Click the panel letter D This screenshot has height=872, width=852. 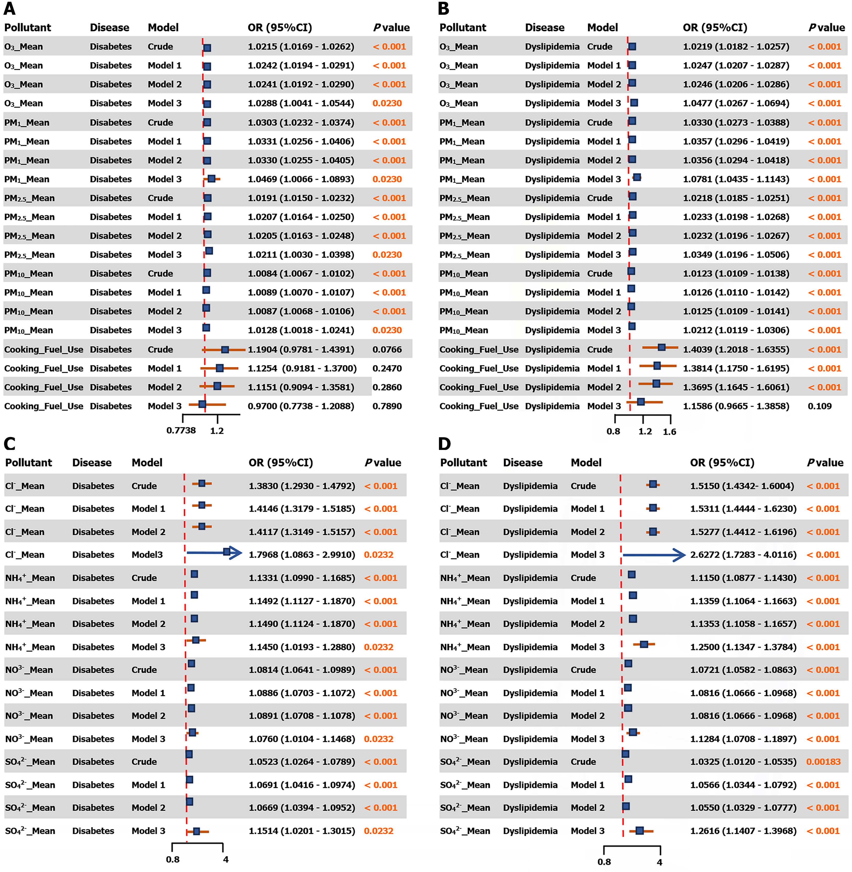444,444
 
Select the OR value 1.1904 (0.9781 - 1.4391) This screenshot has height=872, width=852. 301,350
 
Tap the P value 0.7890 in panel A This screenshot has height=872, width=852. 387,406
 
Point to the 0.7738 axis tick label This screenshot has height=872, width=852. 181,431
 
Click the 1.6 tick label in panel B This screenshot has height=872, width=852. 669,432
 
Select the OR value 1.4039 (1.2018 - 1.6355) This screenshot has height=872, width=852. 736,350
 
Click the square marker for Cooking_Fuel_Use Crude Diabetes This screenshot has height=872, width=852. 225,350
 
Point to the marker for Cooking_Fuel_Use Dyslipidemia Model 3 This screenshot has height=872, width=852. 641,402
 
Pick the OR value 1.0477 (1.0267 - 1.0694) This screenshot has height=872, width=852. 736,103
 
